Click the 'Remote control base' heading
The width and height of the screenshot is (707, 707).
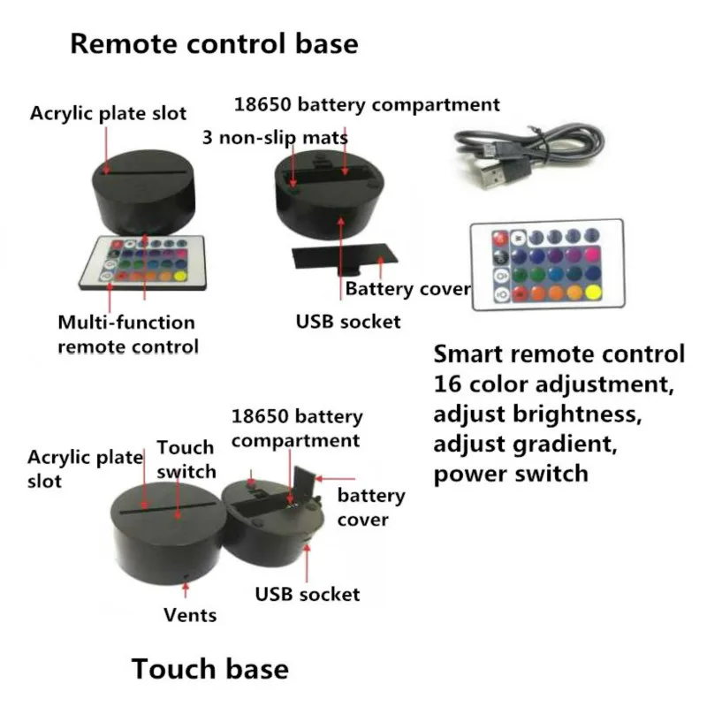pyautogui.click(x=214, y=43)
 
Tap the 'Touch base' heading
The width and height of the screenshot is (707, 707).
pyautogui.click(x=210, y=668)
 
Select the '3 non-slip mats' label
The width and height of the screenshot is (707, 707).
pyautogui.click(x=275, y=138)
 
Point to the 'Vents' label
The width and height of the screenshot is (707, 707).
pyautogui.click(x=190, y=615)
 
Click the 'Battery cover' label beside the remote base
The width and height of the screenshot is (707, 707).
pyautogui.click(x=407, y=289)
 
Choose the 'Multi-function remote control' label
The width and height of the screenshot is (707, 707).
pyautogui.click(x=128, y=335)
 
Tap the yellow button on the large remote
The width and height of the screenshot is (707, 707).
pyautogui.click(x=593, y=293)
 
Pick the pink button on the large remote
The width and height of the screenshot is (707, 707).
pyautogui.click(x=592, y=255)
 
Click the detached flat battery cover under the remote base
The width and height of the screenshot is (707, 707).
pyautogui.click(x=345, y=258)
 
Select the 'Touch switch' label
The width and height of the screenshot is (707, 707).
pyautogui.click(x=186, y=460)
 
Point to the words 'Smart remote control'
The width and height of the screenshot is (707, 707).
pyautogui.click(x=559, y=354)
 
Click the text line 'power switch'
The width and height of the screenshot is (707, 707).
pyautogui.click(x=511, y=474)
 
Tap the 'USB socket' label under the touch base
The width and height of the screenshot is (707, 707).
pyautogui.click(x=308, y=594)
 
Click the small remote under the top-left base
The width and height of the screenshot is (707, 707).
pyautogui.click(x=142, y=262)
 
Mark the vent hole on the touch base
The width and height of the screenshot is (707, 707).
pyautogui.click(x=186, y=577)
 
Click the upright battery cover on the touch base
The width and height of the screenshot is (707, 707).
pyautogui.click(x=304, y=483)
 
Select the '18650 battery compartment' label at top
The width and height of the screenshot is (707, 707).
pyautogui.click(x=367, y=104)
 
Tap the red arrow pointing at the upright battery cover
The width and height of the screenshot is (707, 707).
pyautogui.click(x=336, y=478)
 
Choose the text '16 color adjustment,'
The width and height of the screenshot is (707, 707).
pyautogui.click(x=554, y=384)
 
